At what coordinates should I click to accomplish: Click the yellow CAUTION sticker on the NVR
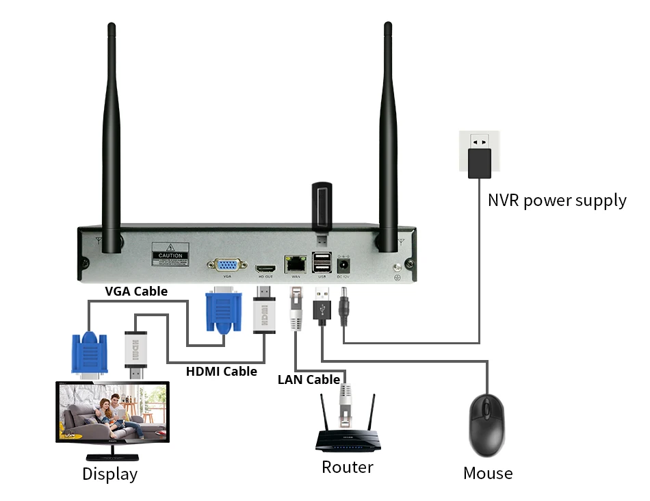click(170, 255)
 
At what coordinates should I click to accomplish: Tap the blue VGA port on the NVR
click(224, 266)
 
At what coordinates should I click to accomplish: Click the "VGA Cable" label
click(136, 291)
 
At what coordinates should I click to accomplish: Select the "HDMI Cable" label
click(222, 372)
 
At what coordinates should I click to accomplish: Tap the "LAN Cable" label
click(309, 380)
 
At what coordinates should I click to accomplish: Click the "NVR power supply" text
click(557, 201)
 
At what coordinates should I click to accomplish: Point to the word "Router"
click(348, 467)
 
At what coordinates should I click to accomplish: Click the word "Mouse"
click(488, 473)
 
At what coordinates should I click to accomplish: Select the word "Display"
click(109, 474)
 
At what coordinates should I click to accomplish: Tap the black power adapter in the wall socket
click(480, 162)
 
